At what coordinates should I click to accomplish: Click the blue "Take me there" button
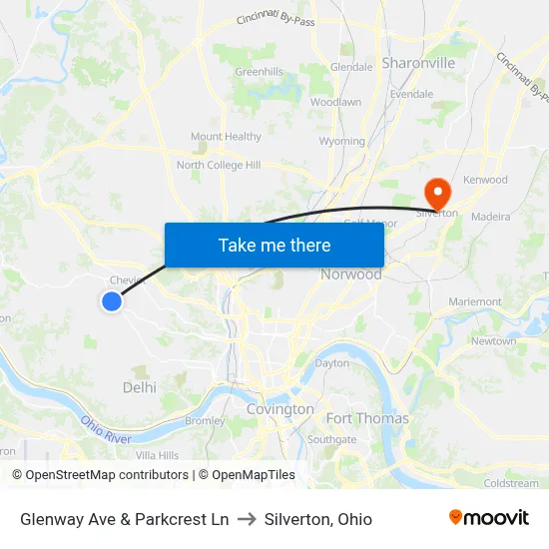pyautogui.click(x=274, y=245)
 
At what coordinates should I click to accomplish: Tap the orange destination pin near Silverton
pyautogui.click(x=436, y=190)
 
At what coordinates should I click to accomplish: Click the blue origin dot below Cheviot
pyautogui.click(x=112, y=300)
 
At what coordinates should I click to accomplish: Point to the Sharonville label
pyautogui.click(x=418, y=63)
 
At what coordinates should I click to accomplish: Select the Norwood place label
pyautogui.click(x=350, y=274)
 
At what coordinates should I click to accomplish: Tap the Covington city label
pyautogui.click(x=279, y=409)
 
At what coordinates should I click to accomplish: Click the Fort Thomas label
pyautogui.click(x=367, y=418)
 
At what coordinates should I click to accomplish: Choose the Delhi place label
pyautogui.click(x=140, y=387)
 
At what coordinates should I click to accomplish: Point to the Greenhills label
pyautogui.click(x=259, y=72)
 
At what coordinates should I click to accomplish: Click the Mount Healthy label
pyautogui.click(x=226, y=137)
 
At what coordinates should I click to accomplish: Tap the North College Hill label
pyautogui.click(x=219, y=165)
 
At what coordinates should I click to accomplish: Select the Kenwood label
pyautogui.click(x=486, y=181)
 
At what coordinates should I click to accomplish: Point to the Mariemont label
pyautogui.click(x=475, y=301)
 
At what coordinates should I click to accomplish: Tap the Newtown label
pyautogui.click(x=494, y=341)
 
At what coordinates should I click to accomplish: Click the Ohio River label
pyautogui.click(x=106, y=431)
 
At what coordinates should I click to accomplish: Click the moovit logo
pyautogui.click(x=488, y=518)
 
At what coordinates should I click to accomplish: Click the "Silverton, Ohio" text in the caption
pyautogui.click(x=318, y=519)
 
